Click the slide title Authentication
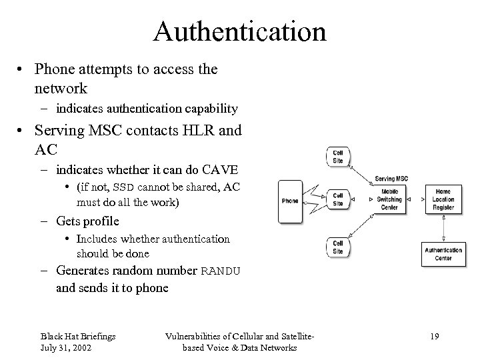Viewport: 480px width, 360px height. click(239, 31)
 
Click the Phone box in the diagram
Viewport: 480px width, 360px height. click(290, 200)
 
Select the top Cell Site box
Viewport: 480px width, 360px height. click(337, 157)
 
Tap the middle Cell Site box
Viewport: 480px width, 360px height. click(337, 199)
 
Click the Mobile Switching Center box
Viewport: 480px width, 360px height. click(389, 199)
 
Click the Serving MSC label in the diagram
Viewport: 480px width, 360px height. click(391, 179)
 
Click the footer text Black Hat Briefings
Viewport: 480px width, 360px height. click(78, 337)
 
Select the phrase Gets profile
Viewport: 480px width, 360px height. click(88, 221)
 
